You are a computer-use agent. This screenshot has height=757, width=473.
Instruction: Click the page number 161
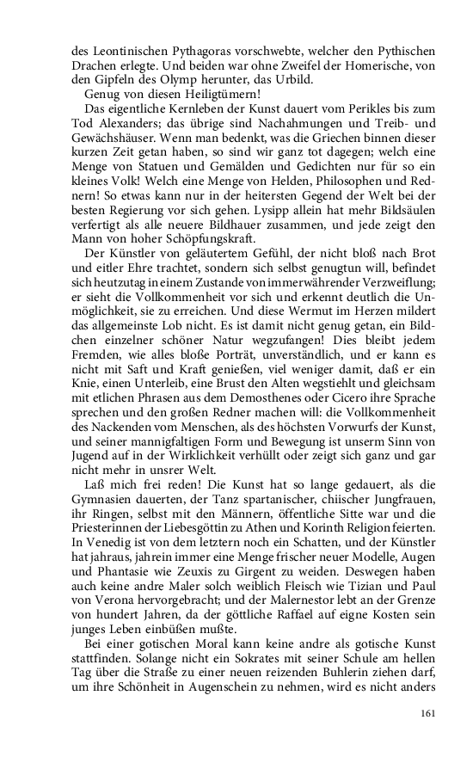pos(430,712)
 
